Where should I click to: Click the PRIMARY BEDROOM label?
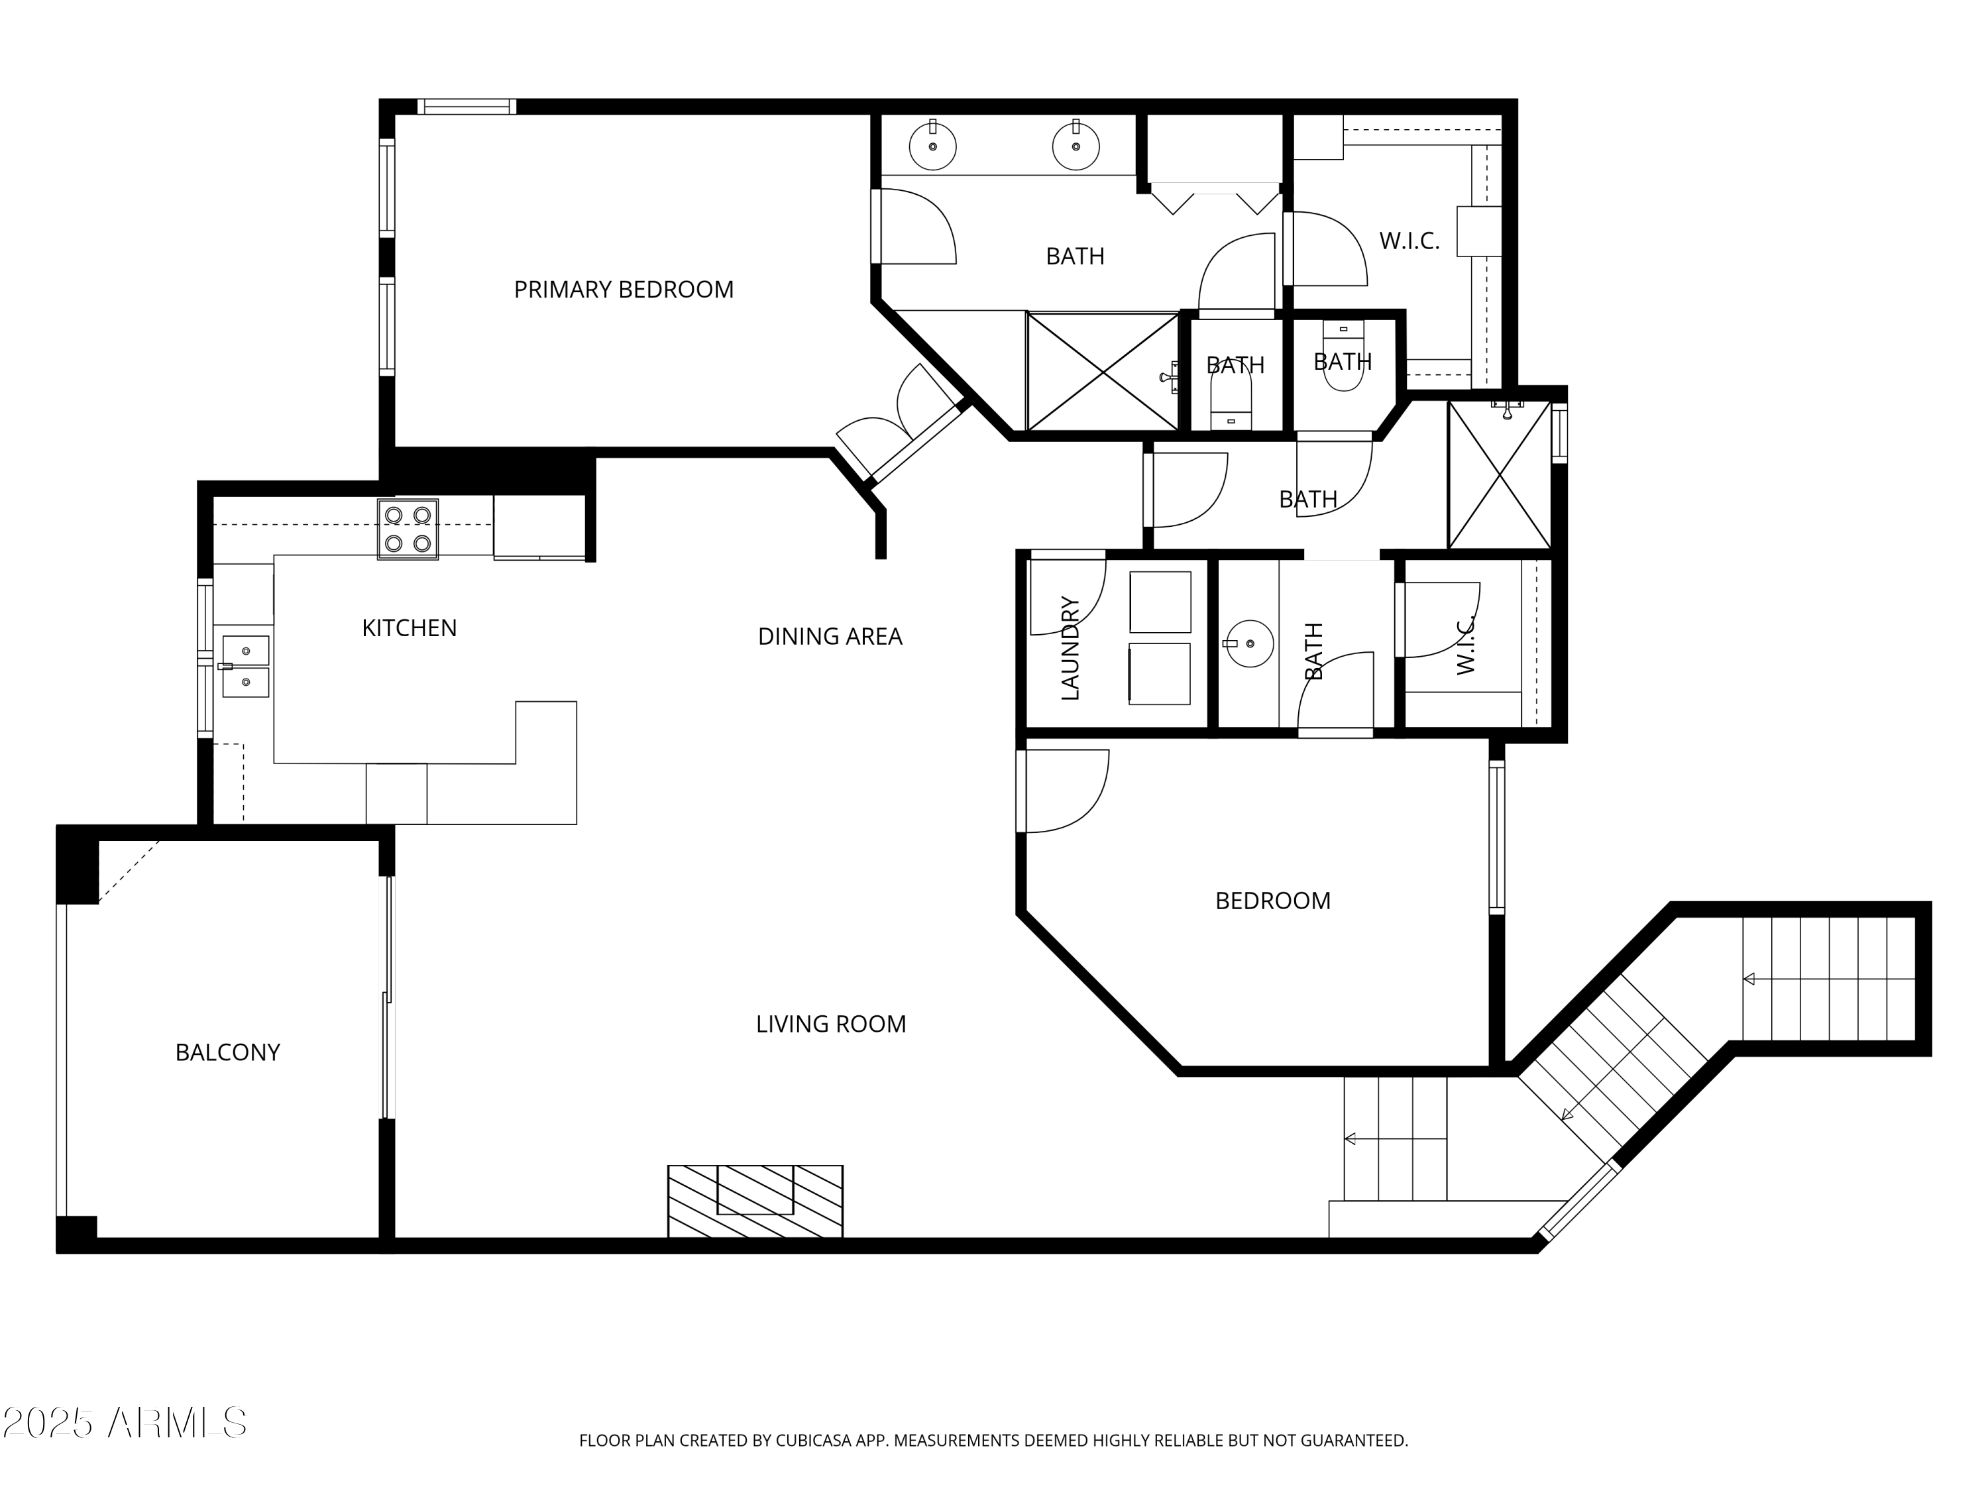624,290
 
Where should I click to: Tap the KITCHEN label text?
409,628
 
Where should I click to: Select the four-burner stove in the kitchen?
407,529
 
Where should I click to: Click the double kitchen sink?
245,666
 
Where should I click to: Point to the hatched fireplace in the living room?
755,1201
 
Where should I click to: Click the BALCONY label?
227,1052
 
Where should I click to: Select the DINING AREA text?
830,636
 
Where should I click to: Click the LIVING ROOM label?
830,1024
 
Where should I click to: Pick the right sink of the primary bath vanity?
1076,146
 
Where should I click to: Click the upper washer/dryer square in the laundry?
1160,601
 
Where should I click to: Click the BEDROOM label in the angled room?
1272,901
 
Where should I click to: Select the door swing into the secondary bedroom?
1065,791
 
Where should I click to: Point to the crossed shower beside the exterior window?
1499,474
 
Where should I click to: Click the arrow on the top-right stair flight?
1749,979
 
